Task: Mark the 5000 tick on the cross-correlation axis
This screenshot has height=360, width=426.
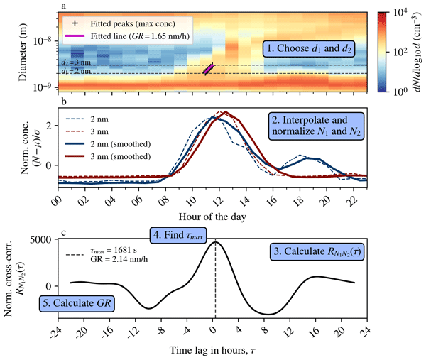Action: point(40,240)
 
